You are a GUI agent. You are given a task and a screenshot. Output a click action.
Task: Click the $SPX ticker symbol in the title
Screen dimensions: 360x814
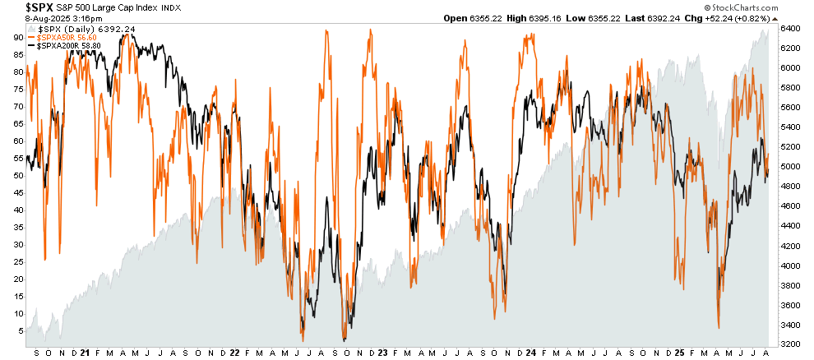[20, 7]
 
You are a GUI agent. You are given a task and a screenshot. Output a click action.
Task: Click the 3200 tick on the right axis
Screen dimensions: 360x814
[790, 344]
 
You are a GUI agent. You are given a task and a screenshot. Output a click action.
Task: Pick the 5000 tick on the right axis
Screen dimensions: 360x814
[790, 167]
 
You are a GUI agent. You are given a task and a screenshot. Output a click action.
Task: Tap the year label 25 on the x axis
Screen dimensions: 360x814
[679, 353]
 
